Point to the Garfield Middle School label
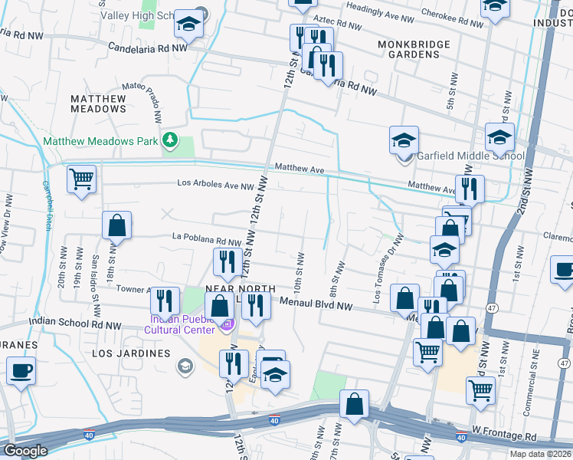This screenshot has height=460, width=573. point(470,156)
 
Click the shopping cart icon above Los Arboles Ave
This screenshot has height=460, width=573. point(81,180)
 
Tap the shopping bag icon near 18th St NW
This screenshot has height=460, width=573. point(116,226)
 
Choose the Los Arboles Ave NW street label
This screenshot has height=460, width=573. point(215,184)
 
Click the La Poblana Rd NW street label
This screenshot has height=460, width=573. point(201,240)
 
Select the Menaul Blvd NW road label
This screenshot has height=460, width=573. point(323,304)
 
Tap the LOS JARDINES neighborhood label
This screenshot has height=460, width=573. point(131,353)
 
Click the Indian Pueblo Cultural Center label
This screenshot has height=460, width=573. point(182,324)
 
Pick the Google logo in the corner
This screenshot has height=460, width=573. point(25,450)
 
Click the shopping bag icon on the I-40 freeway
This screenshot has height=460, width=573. point(354,406)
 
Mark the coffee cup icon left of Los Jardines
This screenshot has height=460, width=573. point(21,371)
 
